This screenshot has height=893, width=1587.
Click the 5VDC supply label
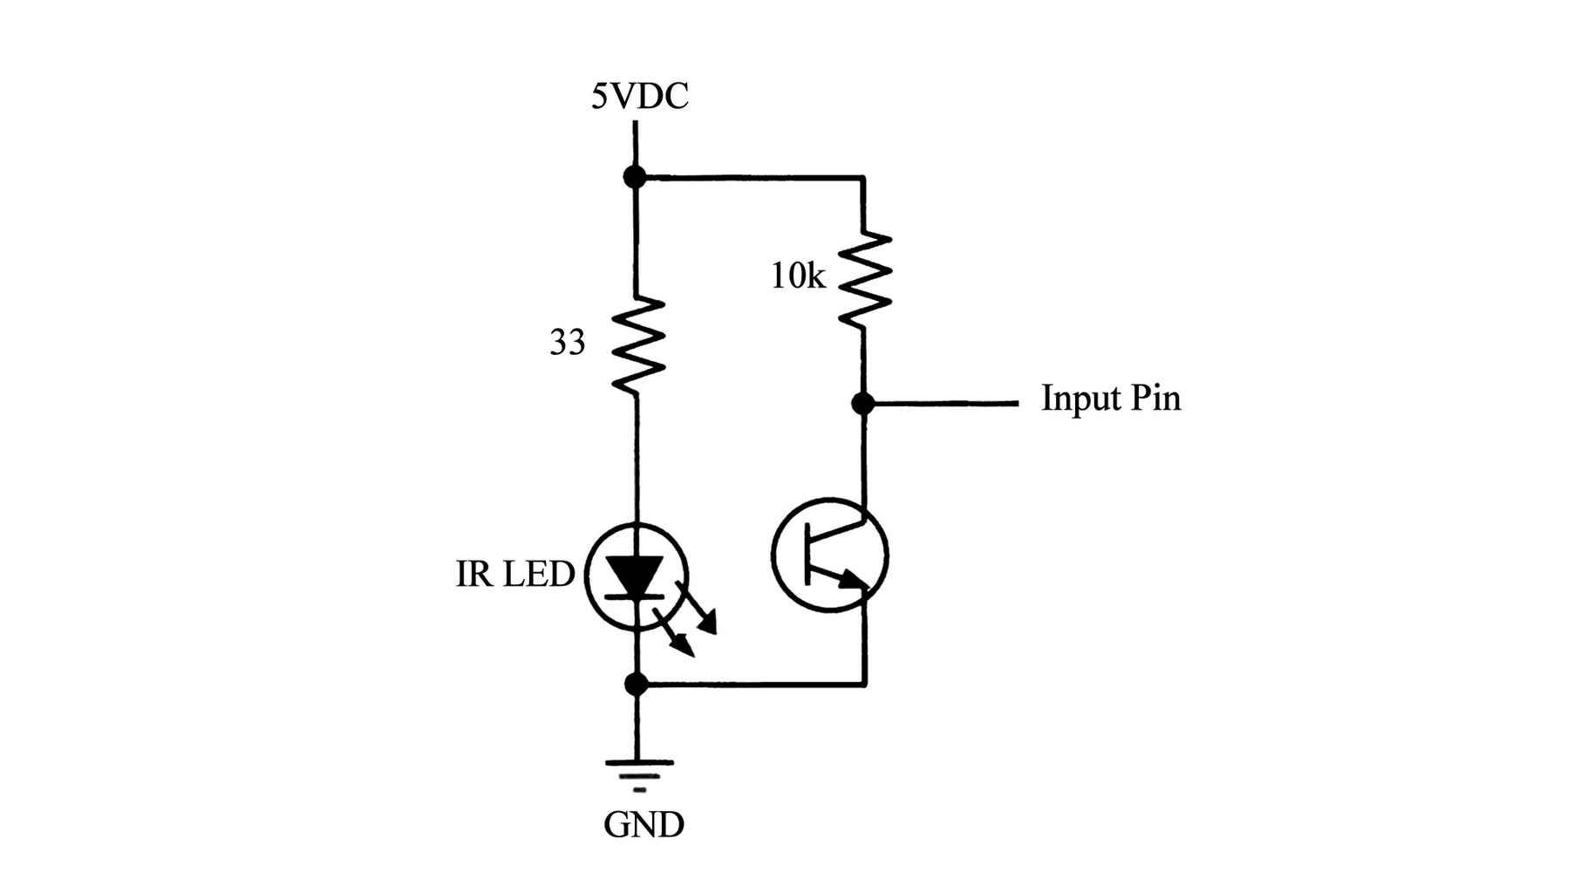639,96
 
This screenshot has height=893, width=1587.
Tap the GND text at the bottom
644,824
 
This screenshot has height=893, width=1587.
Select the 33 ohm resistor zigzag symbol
638,344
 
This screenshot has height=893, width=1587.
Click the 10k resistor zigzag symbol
865,279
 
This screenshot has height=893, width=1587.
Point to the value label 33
567,344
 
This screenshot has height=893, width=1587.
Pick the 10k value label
797,277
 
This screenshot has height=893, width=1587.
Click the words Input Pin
1111,399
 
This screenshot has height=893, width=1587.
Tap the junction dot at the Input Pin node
863,403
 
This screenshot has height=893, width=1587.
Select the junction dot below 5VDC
635,177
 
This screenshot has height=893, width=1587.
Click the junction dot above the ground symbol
637,684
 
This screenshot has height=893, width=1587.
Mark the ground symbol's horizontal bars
639,773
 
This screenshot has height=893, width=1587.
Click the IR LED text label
514,575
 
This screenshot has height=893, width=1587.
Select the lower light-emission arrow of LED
675,635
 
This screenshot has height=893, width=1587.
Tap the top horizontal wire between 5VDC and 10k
750,178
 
